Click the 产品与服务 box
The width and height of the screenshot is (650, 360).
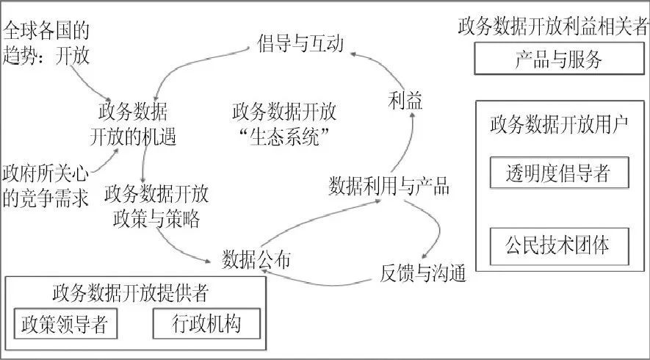coord(557,60)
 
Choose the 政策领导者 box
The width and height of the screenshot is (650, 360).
coord(65,324)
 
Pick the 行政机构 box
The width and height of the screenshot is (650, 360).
coord(206,323)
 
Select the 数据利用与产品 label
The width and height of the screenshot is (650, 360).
coord(389,185)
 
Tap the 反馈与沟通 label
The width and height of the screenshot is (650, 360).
coord(423,273)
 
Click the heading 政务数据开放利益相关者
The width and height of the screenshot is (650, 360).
coord(552,26)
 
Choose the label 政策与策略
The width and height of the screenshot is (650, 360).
coord(156,219)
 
